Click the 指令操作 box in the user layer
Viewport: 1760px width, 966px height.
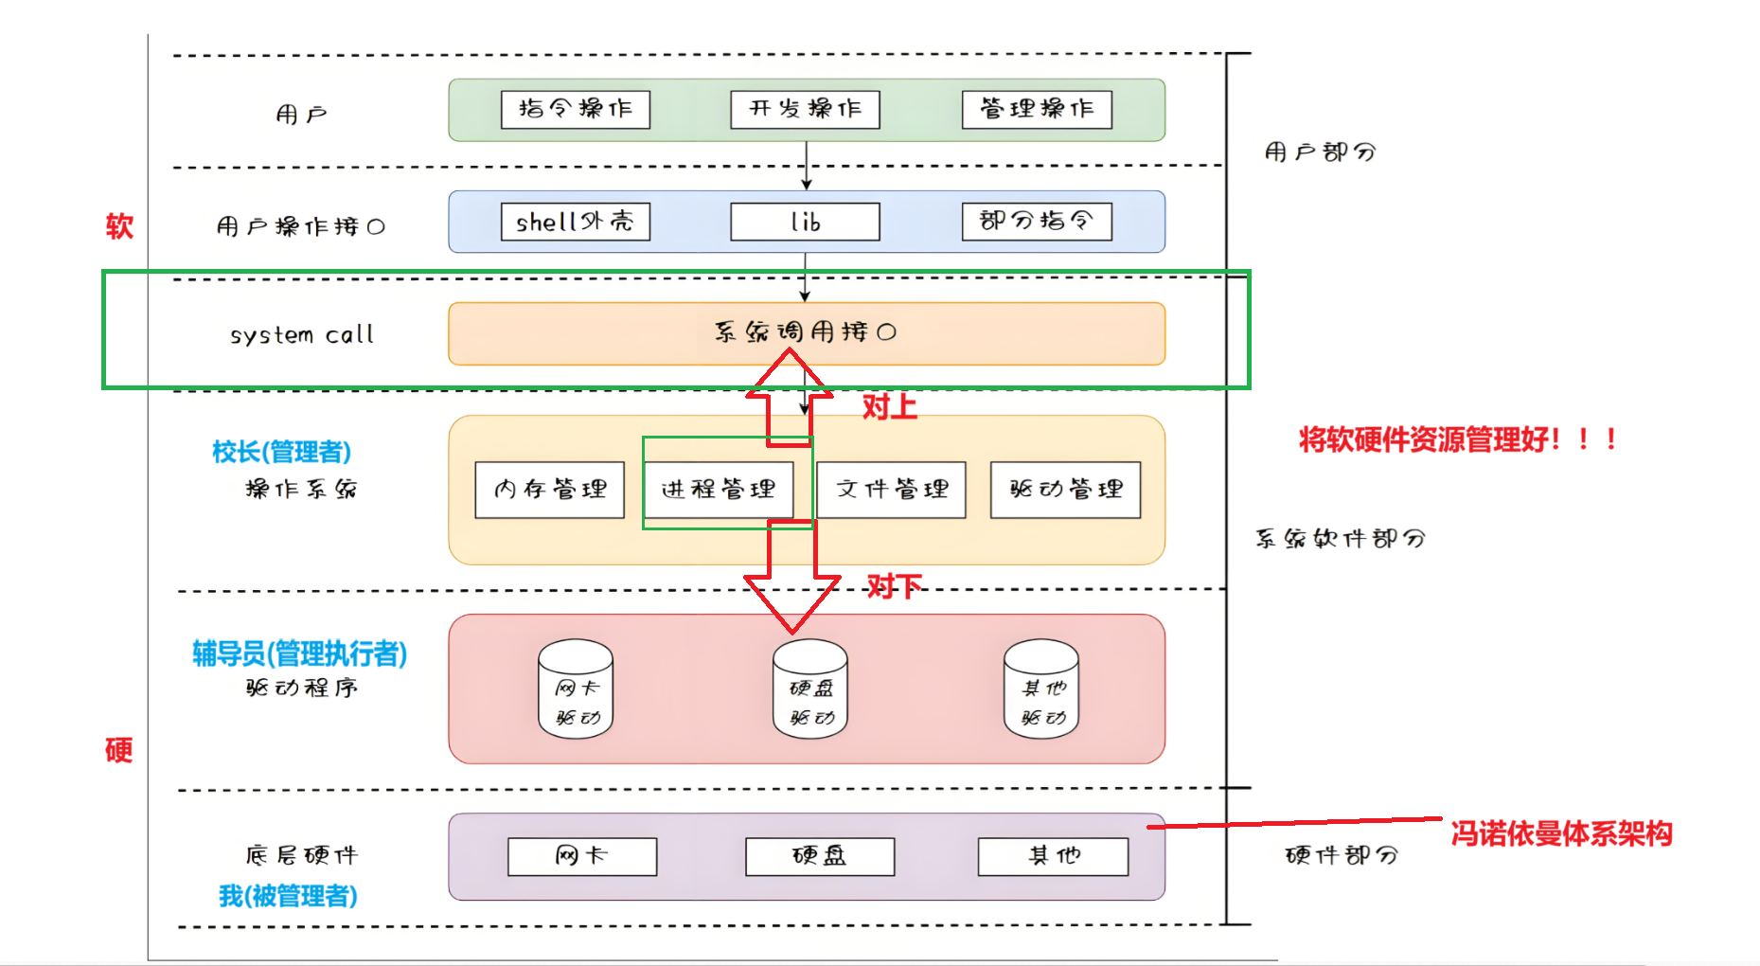pos(575,109)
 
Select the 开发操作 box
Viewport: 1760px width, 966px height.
pos(805,109)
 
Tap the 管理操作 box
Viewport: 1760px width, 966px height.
pos(1037,109)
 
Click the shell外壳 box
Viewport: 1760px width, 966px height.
pos(575,222)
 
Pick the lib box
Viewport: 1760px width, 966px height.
pos(805,222)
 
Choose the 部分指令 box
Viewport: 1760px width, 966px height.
pos(1037,222)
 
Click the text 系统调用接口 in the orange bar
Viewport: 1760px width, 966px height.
pos(805,331)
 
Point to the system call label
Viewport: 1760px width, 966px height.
pos(302,334)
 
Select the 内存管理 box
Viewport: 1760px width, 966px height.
pos(549,490)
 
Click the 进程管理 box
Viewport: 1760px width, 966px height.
pos(718,490)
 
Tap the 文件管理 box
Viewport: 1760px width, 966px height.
pos(891,490)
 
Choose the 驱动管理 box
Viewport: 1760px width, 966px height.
pos(1065,490)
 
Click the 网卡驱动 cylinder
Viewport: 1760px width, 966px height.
pos(576,689)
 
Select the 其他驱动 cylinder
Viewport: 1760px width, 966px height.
pos(1041,689)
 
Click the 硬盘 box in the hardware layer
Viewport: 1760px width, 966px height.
pos(819,856)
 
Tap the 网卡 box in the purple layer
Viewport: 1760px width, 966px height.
pos(581,856)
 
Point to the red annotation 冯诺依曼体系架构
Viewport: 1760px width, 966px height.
pos(1561,833)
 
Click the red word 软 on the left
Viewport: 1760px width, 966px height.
pos(119,226)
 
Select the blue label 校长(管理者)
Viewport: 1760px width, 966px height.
pos(281,452)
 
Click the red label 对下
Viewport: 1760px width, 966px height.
pos(894,586)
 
